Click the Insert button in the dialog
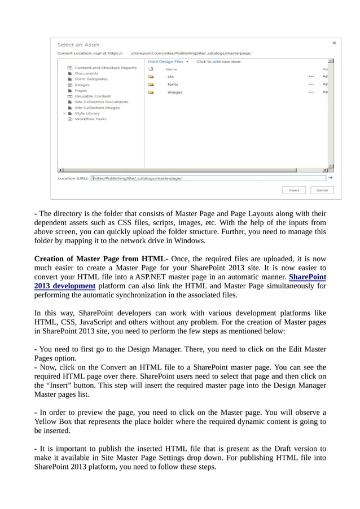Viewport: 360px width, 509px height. pos(294,190)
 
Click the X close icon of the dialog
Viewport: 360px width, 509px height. pos(333,42)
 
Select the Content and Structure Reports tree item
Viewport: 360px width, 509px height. pos(106,68)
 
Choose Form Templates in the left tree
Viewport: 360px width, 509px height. pos(91,79)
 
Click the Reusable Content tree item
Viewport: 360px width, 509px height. pos(93,96)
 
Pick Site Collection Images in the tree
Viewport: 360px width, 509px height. pos(97,107)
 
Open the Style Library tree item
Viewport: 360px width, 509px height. pos(87,113)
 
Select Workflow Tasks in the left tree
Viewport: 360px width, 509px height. pos(90,119)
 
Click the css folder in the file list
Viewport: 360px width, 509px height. pos(170,76)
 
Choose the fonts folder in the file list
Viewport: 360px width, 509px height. pos(172,84)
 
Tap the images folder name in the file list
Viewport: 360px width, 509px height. pos(174,92)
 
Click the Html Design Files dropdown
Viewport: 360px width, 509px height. pos(168,62)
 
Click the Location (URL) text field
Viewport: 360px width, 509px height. pos(209,178)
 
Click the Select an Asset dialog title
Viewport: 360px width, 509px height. pos(78,45)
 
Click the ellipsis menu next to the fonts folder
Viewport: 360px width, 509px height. pos(311,84)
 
